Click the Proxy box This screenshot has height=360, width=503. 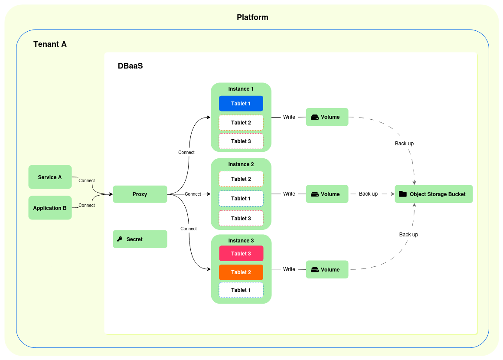pyautogui.click(x=140, y=194)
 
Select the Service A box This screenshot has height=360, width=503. pyautogui.click(x=50, y=177)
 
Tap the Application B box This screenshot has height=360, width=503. pyautogui.click(x=50, y=208)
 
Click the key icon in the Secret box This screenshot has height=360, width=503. pyautogui.click(x=120, y=239)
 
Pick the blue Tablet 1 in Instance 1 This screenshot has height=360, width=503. pyautogui.click(x=241, y=104)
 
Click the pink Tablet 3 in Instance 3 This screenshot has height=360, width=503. pyautogui.click(x=241, y=253)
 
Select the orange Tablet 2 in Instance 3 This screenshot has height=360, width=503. pyautogui.click(x=241, y=272)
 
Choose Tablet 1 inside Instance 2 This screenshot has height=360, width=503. pyautogui.click(x=241, y=199)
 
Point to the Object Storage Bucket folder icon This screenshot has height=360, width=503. pyautogui.click(x=402, y=194)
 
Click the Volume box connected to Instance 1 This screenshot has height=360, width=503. pyautogui.click(x=327, y=117)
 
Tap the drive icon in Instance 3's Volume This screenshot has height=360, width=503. pyautogui.click(x=315, y=270)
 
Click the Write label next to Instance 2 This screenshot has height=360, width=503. pyautogui.click(x=289, y=194)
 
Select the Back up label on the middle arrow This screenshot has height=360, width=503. pyautogui.click(x=368, y=194)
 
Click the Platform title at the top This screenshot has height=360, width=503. pyautogui.click(x=252, y=17)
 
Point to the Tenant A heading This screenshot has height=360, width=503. pyautogui.click(x=50, y=44)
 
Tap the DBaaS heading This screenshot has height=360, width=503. pyautogui.click(x=130, y=66)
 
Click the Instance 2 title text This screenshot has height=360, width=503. pyautogui.click(x=241, y=164)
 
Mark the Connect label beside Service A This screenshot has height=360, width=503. pyautogui.click(x=86, y=180)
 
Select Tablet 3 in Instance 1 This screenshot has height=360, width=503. pyautogui.click(x=241, y=141)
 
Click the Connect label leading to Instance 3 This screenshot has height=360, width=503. pyautogui.click(x=188, y=229)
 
